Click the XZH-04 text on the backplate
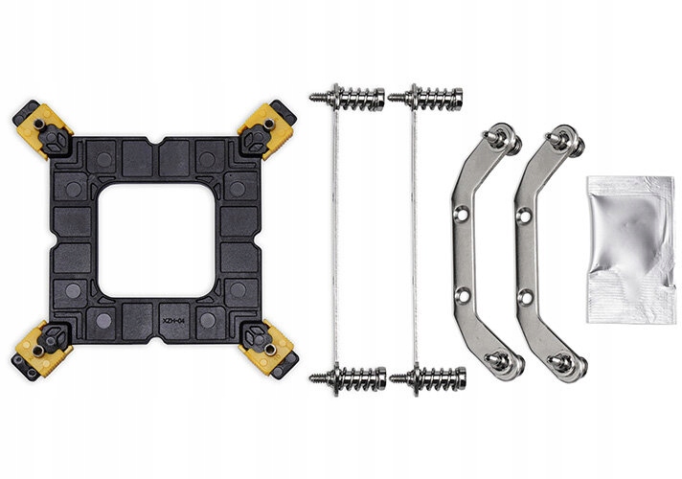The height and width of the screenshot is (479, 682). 173,321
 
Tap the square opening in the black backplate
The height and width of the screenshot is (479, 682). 156,240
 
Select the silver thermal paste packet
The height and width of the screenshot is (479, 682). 631,249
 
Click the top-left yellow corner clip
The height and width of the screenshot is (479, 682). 42,129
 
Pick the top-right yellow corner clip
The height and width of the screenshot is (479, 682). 266,129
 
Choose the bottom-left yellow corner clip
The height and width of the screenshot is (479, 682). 42,351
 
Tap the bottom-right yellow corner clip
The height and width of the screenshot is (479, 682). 268,350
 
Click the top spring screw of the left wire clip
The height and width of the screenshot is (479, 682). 347,98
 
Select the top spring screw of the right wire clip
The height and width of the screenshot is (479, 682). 425,98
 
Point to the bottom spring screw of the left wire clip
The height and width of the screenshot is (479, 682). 348,378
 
